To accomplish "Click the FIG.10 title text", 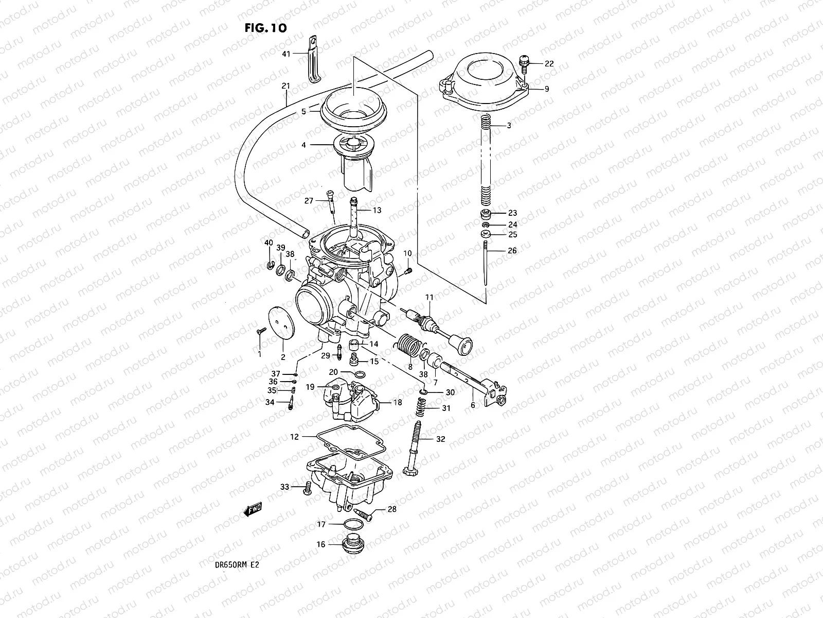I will [265, 27].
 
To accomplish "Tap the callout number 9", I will [546, 89].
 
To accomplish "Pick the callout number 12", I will [294, 437].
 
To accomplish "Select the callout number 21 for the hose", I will [286, 87].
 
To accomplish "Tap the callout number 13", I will [377, 210].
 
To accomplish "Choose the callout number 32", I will [440, 439].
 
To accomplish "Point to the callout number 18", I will [397, 403].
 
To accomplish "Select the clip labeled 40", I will [269, 265].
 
